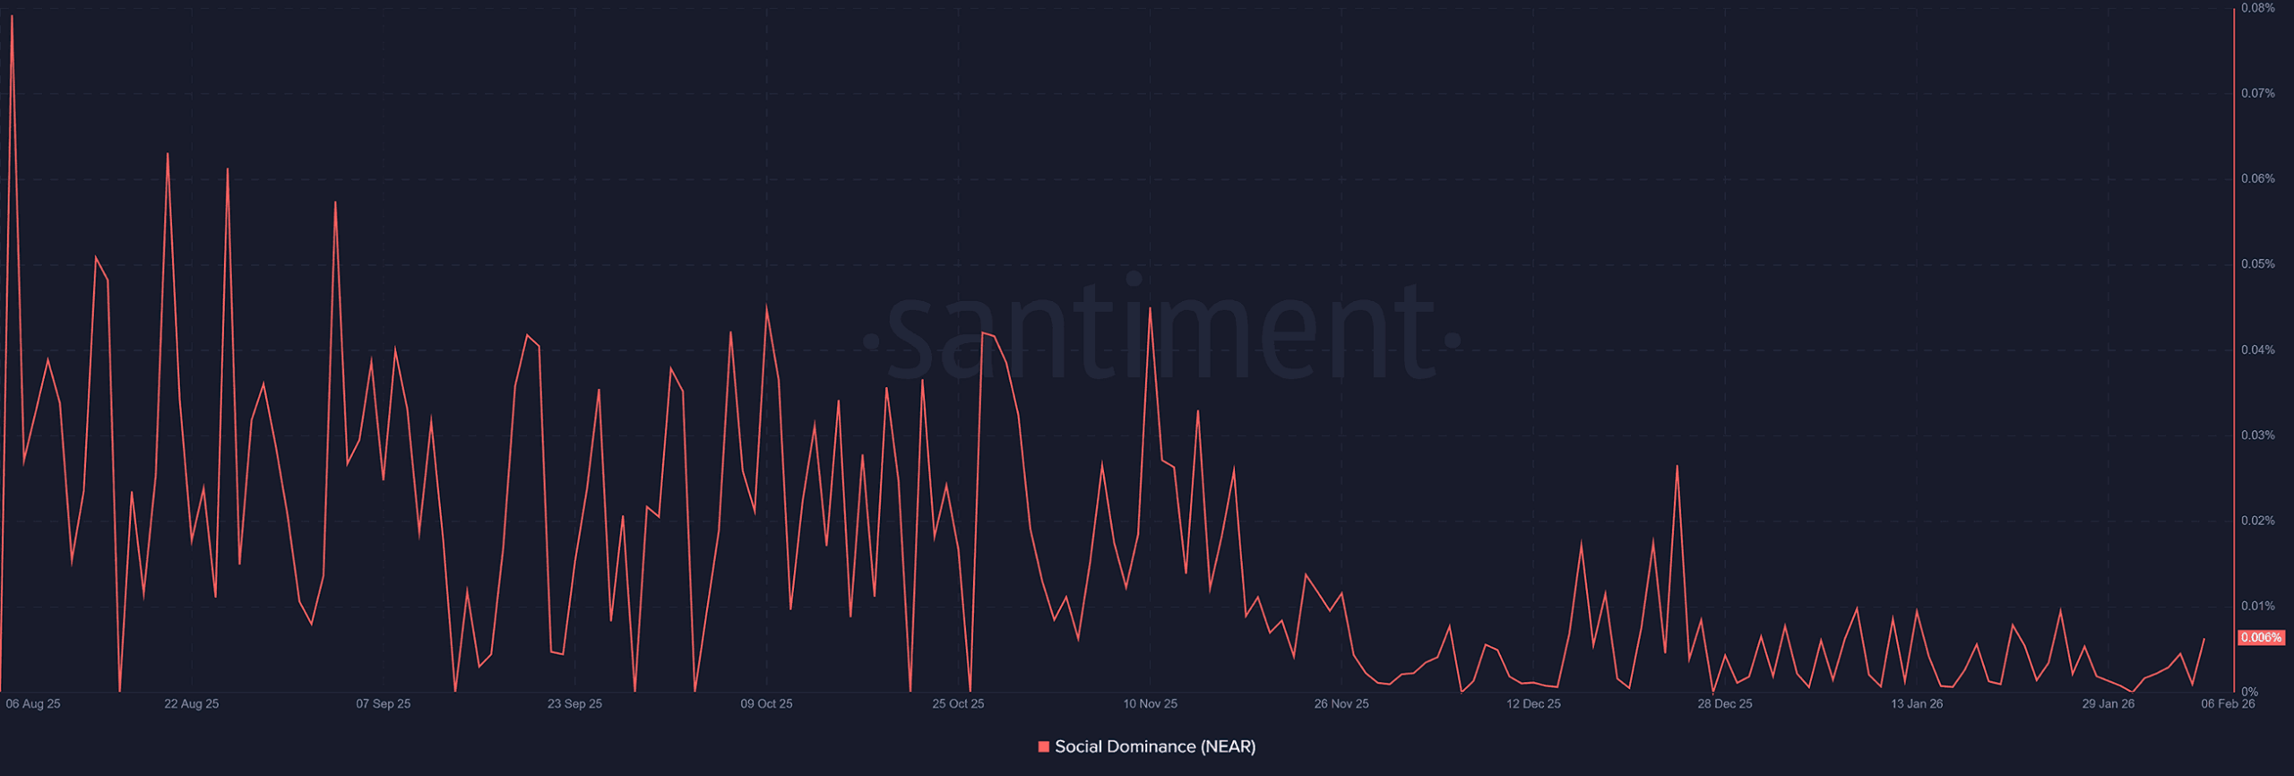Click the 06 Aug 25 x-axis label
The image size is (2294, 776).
(x=33, y=704)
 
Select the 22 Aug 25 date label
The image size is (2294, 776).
(x=191, y=704)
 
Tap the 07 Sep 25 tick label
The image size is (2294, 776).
(x=383, y=704)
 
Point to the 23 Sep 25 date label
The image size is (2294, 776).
(x=574, y=704)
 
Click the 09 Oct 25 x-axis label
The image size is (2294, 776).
(x=766, y=704)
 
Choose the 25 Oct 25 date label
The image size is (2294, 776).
(x=958, y=704)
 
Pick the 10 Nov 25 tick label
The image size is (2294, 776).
(x=1150, y=704)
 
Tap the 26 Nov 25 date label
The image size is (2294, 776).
(x=1341, y=704)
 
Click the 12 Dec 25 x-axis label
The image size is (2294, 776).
(x=1533, y=704)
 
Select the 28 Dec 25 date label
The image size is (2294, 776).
(x=1725, y=704)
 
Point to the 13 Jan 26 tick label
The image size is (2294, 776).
(x=1917, y=704)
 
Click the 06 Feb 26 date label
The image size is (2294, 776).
(x=2228, y=704)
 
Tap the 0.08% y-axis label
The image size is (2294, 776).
(x=2257, y=8)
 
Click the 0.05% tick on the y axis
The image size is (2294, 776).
(x=2257, y=264)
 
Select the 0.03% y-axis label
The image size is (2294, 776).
(x=2257, y=435)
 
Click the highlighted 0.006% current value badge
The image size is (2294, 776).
(x=2260, y=638)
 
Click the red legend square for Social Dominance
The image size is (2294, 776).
(x=1043, y=747)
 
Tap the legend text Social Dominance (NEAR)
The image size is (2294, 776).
(x=1155, y=747)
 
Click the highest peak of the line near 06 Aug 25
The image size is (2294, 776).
(x=12, y=16)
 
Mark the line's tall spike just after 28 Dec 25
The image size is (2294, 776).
(x=1677, y=466)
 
